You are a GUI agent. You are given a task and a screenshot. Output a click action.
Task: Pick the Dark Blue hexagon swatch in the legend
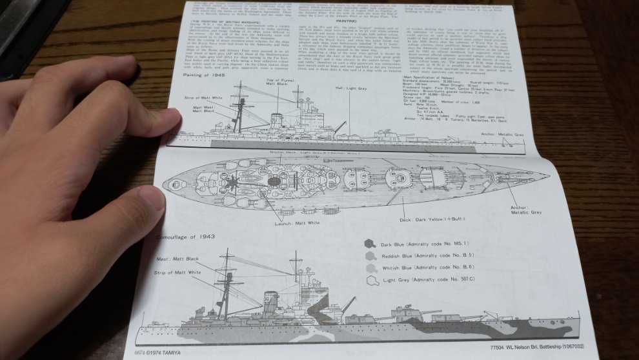[369, 245]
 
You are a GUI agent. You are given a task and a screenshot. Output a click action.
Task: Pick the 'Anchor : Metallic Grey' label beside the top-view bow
[527, 210]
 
